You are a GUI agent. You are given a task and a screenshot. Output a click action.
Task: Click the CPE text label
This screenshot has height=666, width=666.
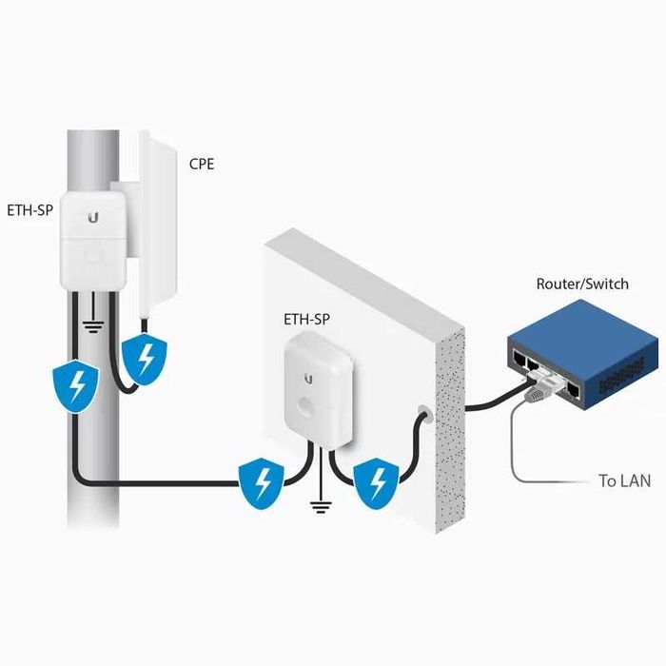click(202, 164)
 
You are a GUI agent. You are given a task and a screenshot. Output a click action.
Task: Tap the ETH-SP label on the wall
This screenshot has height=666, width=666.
click(307, 320)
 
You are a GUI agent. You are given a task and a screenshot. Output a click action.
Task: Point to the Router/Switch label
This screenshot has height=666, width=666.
click(582, 284)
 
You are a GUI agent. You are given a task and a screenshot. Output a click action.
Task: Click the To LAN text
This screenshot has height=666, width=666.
click(624, 481)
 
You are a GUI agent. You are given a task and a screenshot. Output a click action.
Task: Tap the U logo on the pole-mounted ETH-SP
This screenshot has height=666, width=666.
click(92, 218)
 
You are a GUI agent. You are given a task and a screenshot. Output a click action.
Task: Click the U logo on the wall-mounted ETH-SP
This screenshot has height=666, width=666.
click(308, 378)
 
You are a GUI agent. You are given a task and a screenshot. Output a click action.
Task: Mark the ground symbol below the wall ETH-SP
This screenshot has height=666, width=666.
click(321, 504)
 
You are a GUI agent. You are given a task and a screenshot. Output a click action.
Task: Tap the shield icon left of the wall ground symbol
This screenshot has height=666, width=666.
click(260, 483)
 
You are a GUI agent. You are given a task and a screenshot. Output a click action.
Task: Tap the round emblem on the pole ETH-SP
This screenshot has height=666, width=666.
click(92, 255)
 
